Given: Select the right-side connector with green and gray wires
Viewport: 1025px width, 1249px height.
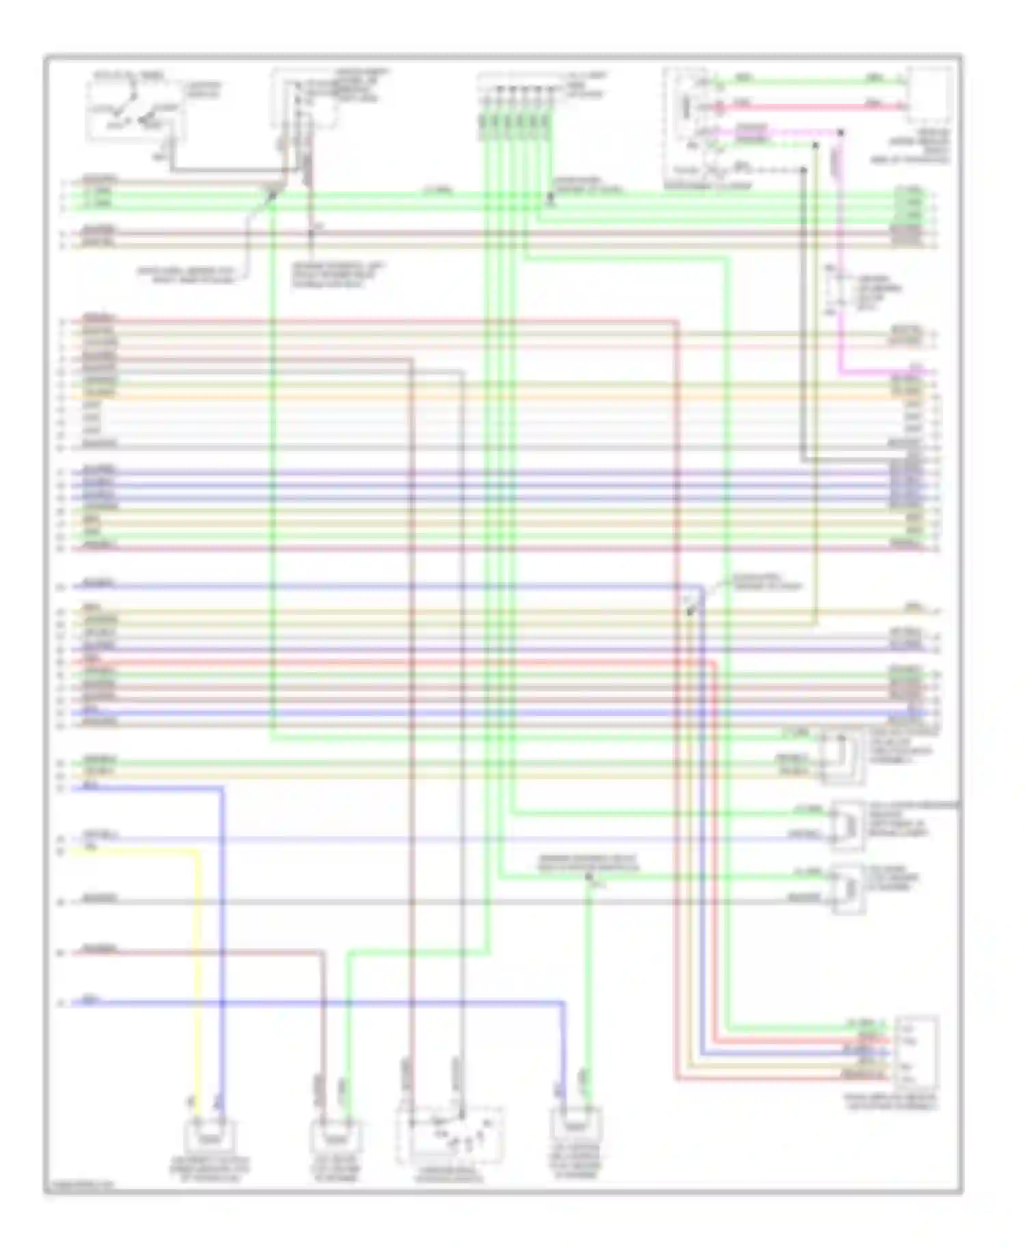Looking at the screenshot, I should (x=847, y=888).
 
